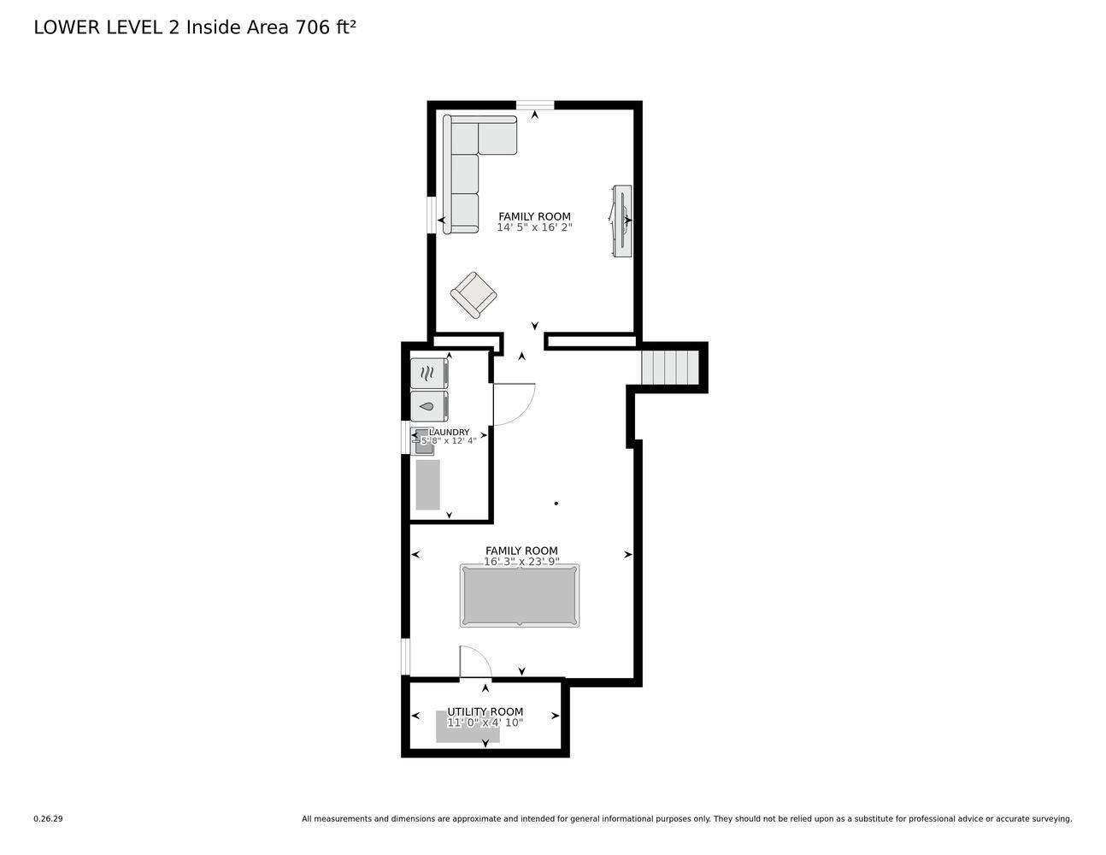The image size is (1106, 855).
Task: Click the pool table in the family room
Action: point(520,595)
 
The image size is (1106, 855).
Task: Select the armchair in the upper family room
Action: point(474,295)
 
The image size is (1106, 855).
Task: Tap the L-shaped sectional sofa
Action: point(466,162)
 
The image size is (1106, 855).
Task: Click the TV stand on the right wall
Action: point(622,221)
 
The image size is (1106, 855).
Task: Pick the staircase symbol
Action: point(670,368)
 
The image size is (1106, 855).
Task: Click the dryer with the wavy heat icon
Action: point(429,374)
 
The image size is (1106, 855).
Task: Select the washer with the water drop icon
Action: point(429,406)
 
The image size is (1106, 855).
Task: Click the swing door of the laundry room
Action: point(513,404)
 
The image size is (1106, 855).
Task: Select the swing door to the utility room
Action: point(474,662)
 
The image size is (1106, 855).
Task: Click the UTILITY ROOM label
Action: point(485,711)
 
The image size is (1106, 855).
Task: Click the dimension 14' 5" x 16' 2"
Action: point(534,228)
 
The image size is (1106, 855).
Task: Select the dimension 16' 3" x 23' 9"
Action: point(521,562)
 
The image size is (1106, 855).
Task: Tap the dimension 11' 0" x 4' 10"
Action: point(485,722)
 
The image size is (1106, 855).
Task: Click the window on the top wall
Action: point(535,105)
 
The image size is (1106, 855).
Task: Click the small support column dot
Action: point(556,504)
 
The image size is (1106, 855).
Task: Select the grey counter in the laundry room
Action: point(427,485)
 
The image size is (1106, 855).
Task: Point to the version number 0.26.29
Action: point(48,818)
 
